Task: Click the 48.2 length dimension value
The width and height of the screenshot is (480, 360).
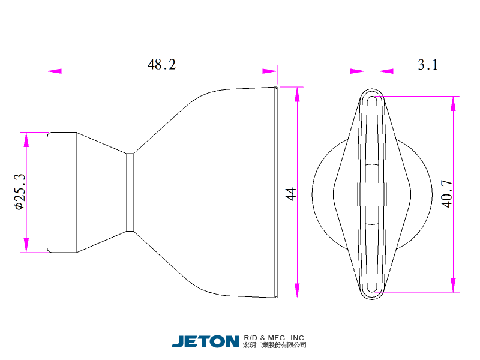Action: [161, 64]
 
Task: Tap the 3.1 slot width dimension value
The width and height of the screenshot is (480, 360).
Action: [428, 64]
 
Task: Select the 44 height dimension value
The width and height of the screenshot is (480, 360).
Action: [291, 194]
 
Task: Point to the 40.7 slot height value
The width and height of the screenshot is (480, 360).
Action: [447, 193]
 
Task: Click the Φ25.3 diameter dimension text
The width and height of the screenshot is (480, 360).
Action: [20, 191]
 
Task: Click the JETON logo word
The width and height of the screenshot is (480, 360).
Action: [205, 341]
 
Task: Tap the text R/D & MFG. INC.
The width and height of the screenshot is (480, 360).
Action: [275, 338]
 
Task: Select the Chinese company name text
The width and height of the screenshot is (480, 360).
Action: [275, 345]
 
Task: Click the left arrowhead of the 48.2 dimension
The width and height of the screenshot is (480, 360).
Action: [54, 71]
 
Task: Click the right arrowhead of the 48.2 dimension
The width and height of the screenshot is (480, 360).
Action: [270, 71]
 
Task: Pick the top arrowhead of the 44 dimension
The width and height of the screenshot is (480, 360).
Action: [297, 94]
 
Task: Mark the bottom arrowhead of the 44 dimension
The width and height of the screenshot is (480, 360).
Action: [297, 290]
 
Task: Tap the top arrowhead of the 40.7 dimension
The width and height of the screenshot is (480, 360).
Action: [454, 103]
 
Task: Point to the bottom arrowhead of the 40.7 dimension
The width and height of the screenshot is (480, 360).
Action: [454, 285]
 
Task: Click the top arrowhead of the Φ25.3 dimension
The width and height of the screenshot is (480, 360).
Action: [26, 140]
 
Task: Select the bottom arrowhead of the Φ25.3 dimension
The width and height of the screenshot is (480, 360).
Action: [26, 245]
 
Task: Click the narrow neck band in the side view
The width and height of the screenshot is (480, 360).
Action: [130, 192]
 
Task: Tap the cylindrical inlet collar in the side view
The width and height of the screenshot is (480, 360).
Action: [62, 192]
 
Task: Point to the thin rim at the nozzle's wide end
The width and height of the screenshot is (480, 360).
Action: [276, 192]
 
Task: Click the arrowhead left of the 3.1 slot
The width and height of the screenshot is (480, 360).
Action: [358, 71]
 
